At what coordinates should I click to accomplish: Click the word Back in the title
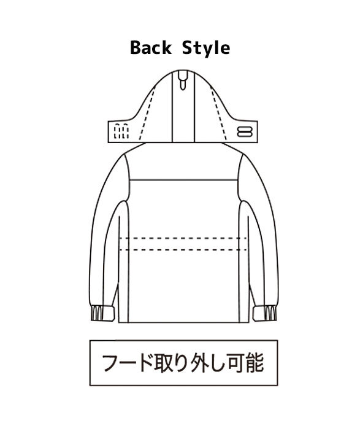coord(150,48)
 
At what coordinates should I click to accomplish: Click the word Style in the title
coord(206,49)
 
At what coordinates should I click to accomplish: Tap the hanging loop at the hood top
coord(182,80)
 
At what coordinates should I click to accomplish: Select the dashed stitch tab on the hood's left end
coord(121,131)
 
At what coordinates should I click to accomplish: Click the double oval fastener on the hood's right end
coord(244,131)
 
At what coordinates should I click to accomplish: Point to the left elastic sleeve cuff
coord(102,313)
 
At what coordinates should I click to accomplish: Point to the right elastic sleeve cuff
coord(265,313)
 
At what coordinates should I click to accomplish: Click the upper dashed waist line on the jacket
coord(183,238)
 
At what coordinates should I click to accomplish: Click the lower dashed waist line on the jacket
coord(183,250)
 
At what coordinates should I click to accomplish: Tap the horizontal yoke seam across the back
coord(183,180)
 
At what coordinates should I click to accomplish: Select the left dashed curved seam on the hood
coord(147,113)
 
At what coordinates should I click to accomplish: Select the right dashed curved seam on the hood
coord(218,113)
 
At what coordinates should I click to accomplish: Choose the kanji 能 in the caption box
coord(255,363)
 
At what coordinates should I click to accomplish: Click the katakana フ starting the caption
coord(112,363)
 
